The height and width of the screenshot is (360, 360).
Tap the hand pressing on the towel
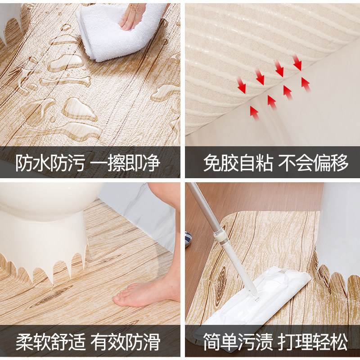[x=131, y=16]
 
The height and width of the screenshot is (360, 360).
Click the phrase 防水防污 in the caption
[x=50, y=163]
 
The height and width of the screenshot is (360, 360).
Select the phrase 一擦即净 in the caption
[x=125, y=163]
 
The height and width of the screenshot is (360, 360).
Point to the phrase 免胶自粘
[x=238, y=163]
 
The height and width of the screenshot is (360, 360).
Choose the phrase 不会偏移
[x=313, y=163]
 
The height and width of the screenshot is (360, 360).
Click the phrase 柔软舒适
[x=50, y=342]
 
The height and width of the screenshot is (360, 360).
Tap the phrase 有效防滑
[x=126, y=342]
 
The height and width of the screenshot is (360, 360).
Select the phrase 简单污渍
[x=238, y=342]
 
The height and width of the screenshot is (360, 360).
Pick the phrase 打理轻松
[x=313, y=342]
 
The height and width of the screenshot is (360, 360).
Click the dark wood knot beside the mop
[x=221, y=286]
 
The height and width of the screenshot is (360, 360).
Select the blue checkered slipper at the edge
[x=188, y=239]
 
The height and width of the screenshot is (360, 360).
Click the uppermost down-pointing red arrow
[x=297, y=62]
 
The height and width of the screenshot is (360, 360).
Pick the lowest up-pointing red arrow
[x=254, y=113]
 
